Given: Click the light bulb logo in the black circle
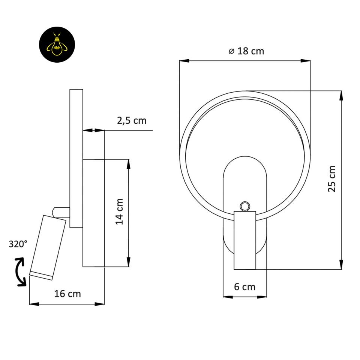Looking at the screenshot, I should (x=57, y=45).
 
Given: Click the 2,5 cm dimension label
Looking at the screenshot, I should (x=132, y=121).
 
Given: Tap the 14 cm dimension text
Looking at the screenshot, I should (x=120, y=211).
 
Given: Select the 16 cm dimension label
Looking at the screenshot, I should (x=67, y=294).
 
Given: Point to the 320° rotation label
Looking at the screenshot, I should (x=18, y=244).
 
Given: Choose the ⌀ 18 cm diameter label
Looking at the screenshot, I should (x=246, y=51).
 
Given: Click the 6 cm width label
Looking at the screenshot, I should (x=244, y=287).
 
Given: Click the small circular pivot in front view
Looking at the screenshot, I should (x=245, y=206).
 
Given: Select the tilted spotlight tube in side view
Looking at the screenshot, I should (x=48, y=247).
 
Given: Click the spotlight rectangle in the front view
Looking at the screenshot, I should (x=245, y=240).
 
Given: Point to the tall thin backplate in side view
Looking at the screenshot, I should (x=76, y=158).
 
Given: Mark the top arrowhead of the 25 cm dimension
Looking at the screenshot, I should (x=341, y=95).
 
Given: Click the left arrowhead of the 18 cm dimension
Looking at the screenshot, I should (x=184, y=60).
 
